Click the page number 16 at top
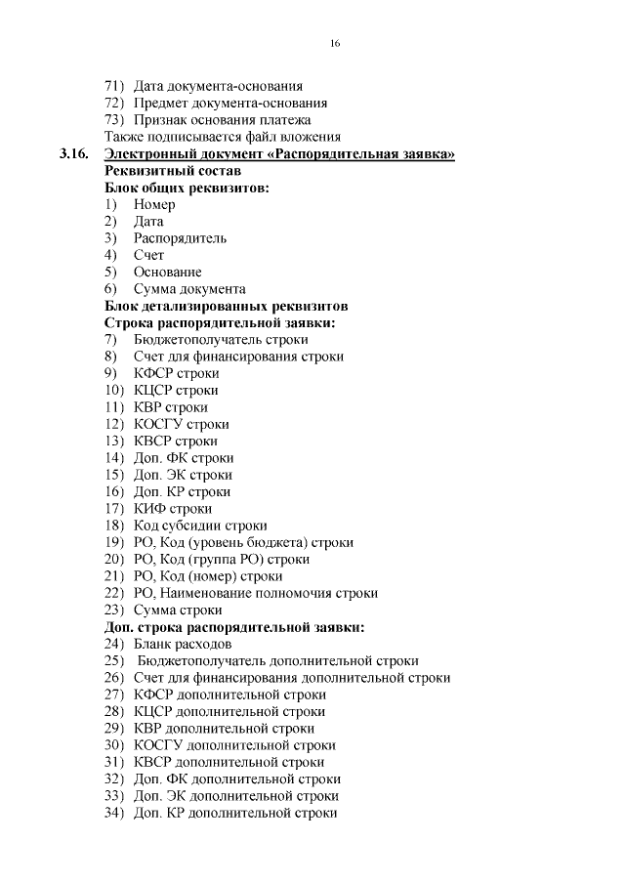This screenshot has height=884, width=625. click(x=335, y=44)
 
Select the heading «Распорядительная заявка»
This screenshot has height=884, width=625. click(x=362, y=154)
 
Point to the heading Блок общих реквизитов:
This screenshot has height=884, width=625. click(x=187, y=188)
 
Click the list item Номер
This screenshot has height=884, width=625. click(x=154, y=205)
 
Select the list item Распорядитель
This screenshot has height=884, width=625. click(x=180, y=238)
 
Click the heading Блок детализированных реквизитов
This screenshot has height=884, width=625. click(x=226, y=306)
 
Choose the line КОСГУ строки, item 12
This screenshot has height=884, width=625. click(x=181, y=424)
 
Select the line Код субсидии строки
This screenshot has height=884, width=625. click(x=199, y=526)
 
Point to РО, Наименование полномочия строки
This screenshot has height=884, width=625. click(x=255, y=593)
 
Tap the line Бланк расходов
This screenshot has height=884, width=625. click(x=183, y=644)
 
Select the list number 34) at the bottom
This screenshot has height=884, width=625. click(x=114, y=813)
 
